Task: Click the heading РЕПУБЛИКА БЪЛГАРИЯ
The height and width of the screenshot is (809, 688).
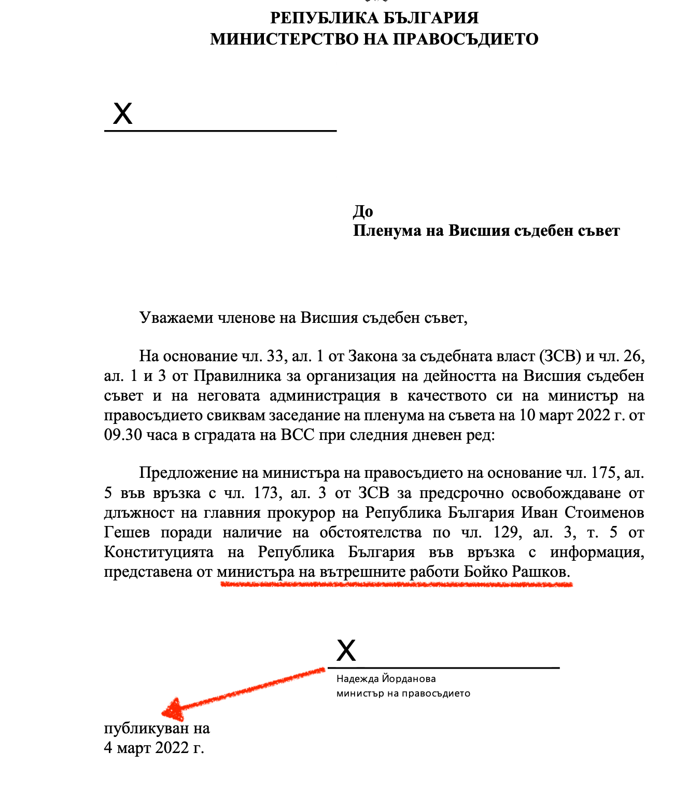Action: coord(374,18)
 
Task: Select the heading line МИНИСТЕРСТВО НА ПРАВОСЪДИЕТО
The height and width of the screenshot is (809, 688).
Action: coord(374,39)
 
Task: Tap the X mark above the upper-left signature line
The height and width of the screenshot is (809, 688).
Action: coord(123,113)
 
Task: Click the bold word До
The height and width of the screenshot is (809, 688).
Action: coord(363,211)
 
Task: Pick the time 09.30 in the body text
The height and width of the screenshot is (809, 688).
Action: coord(123,435)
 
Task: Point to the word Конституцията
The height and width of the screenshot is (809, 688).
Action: coord(159,552)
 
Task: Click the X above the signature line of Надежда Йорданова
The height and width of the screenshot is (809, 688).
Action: coord(346,650)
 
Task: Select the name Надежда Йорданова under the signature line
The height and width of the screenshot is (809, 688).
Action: coord(386,679)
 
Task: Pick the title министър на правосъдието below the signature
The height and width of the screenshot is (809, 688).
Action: coord(403,693)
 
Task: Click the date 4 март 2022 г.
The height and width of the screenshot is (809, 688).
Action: coord(154,748)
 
